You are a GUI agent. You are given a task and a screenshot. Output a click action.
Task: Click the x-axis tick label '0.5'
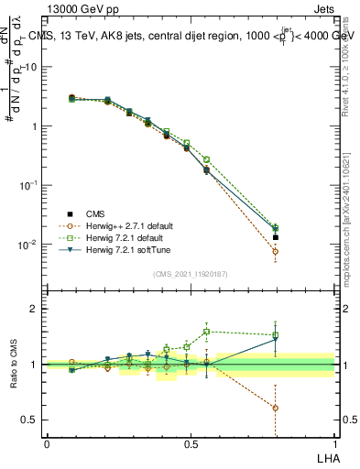(191, 444)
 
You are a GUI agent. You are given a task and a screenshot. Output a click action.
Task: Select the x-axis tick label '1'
(334, 444)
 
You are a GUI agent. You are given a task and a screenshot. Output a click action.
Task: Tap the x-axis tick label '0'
(47, 444)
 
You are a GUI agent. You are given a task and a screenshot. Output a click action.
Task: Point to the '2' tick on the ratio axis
(36, 309)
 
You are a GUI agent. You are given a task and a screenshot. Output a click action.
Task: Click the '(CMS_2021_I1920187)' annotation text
(191, 273)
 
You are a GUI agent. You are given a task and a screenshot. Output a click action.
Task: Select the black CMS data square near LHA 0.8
(276, 237)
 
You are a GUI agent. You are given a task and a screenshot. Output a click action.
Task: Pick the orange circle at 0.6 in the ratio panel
(276, 408)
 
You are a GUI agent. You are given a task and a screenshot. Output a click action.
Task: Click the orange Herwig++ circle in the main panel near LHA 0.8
(276, 251)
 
